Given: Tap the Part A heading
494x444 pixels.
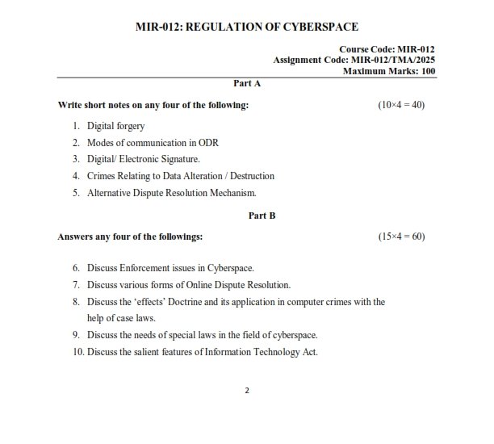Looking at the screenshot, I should (x=246, y=83).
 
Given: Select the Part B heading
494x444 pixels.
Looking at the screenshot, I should (x=262, y=216).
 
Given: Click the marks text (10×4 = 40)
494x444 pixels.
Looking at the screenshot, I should (x=401, y=106).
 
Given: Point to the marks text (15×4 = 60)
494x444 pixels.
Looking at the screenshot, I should (x=401, y=237).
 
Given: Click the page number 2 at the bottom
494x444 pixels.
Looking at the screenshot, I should (x=247, y=391).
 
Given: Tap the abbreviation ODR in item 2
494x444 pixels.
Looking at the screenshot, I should (x=208, y=143).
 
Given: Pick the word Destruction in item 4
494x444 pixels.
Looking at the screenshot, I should (x=250, y=175).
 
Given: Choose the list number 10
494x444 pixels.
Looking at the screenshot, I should (x=77, y=351).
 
